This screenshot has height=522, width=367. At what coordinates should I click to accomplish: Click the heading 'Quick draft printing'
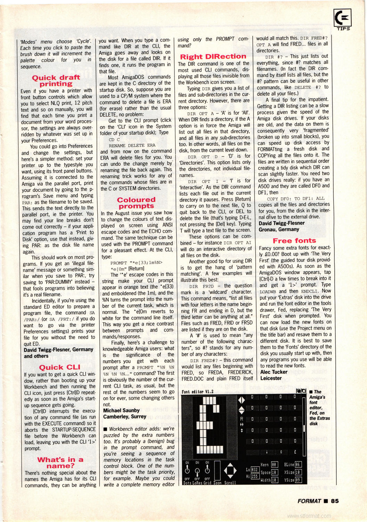[x=56, y=81]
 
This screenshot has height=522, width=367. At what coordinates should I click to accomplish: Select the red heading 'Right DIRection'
[x=213, y=57]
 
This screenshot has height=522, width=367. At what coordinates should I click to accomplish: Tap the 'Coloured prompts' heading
[x=136, y=203]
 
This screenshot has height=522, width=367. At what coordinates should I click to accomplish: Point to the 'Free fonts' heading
[x=294, y=241]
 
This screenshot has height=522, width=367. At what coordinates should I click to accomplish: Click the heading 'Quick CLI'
[x=59, y=367]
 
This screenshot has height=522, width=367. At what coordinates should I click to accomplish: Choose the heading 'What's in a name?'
[x=60, y=463]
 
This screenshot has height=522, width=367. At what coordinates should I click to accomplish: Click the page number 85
[x=335, y=501]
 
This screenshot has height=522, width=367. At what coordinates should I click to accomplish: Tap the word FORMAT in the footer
[x=309, y=501]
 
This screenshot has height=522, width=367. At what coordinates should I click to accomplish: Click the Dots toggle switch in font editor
[x=187, y=470]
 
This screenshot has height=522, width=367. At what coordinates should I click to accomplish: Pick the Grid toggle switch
[x=207, y=470]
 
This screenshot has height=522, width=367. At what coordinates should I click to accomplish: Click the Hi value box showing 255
[x=254, y=476]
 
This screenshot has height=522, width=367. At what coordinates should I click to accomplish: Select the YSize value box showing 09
[x=298, y=480]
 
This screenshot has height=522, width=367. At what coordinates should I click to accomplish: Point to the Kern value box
[x=274, y=465]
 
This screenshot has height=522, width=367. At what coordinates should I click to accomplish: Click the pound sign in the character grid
[x=295, y=452]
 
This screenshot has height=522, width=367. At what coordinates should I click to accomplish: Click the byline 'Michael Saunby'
[x=121, y=411]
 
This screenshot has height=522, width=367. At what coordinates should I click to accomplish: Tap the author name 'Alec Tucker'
[x=274, y=372]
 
